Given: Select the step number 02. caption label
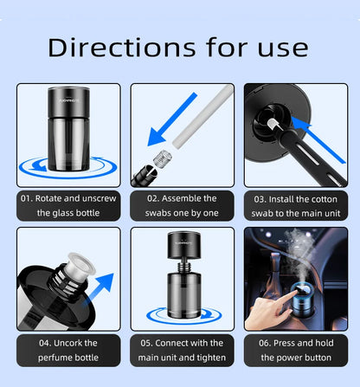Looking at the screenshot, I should point(145,198).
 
